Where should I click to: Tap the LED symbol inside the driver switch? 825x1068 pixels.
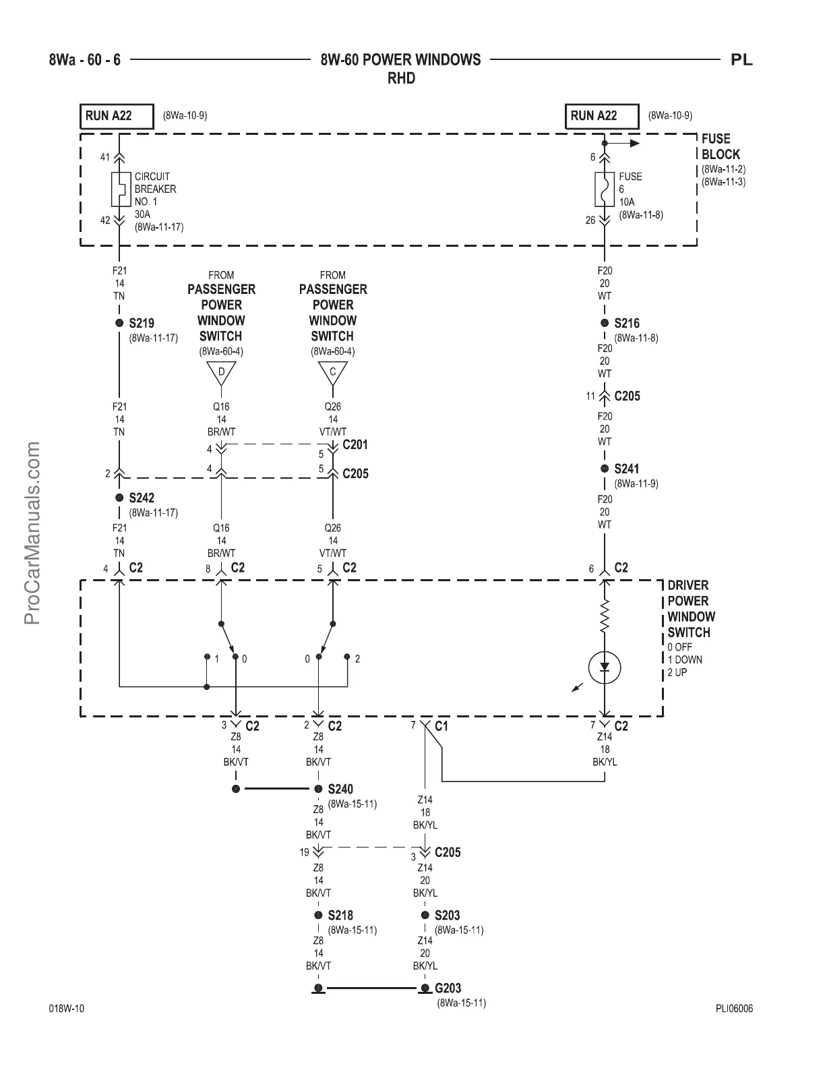[605, 667]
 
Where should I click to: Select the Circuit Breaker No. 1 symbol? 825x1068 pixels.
[119, 189]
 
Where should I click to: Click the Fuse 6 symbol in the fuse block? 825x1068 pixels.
[605, 189]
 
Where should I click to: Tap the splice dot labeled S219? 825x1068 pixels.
[119, 323]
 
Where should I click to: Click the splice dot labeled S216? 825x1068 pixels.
[605, 323]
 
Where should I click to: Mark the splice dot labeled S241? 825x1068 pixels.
[605, 469]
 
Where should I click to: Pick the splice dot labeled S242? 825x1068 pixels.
[119, 498]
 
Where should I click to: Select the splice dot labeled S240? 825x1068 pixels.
[318, 789]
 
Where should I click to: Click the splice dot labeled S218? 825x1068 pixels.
[318, 915]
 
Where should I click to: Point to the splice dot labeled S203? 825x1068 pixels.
[425, 915]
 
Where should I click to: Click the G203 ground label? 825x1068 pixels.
[448, 988]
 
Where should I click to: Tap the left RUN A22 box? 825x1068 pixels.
[116, 116]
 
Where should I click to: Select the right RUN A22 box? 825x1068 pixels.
[601, 116]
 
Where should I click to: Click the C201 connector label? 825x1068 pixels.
[355, 445]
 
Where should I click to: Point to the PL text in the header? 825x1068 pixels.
[741, 60]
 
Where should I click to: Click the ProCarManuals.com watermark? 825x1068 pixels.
[33, 533]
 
